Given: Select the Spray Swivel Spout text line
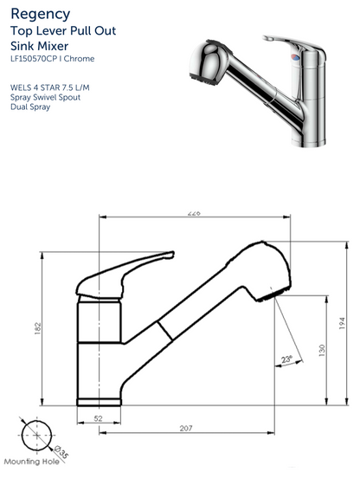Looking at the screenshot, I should click(48, 98).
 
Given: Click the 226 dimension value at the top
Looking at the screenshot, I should click(193, 214).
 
